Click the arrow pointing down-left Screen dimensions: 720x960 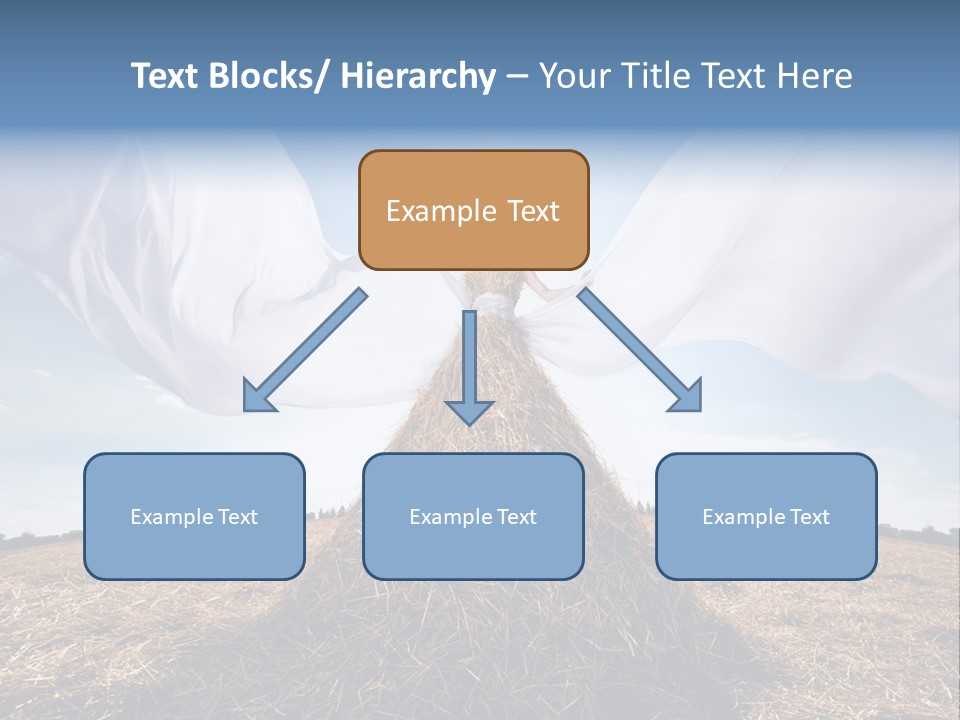305,351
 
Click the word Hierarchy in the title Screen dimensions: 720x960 418,76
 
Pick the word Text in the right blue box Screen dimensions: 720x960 808,517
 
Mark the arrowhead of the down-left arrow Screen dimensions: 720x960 258,397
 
